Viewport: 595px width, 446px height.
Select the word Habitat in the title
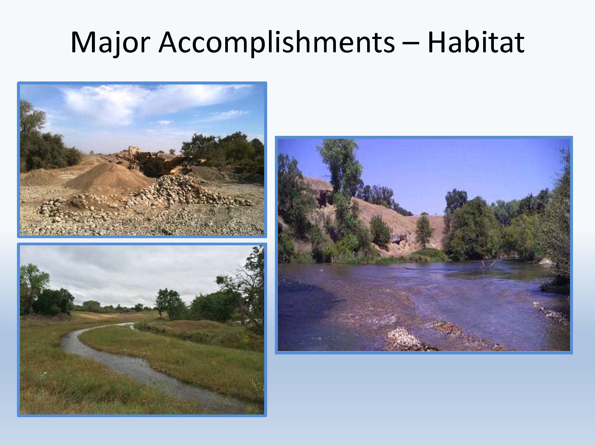pos(476,42)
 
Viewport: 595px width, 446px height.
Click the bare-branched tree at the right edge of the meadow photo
pos(247,285)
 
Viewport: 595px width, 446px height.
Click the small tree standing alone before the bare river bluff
pos(424,230)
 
